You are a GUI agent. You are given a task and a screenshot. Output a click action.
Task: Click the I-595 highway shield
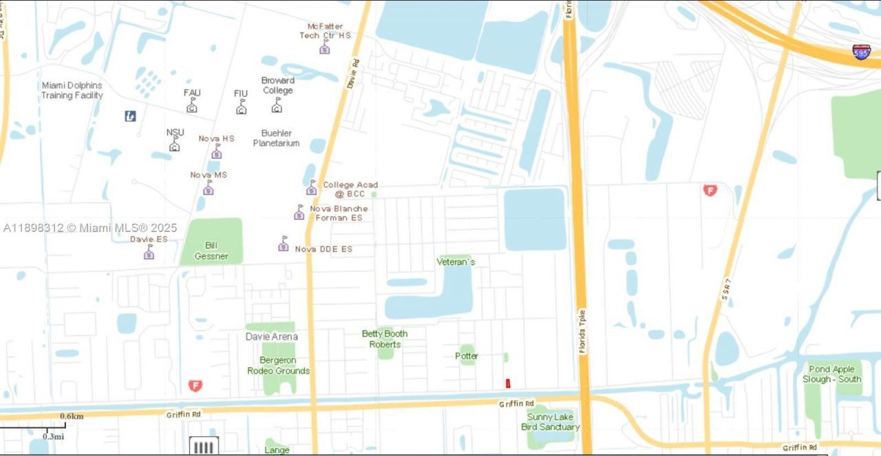point(861,52)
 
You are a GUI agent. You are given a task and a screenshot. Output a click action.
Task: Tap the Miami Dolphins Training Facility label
point(72,90)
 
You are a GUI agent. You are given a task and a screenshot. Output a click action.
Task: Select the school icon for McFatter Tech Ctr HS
point(325,48)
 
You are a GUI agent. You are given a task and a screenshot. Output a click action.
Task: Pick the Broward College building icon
point(277,105)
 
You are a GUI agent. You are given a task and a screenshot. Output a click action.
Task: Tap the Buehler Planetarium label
point(276,138)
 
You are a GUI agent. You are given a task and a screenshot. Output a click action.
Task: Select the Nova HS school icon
point(217,152)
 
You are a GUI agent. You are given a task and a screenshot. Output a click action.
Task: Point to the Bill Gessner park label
point(211,251)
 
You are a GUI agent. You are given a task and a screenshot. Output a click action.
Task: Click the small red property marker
point(508,384)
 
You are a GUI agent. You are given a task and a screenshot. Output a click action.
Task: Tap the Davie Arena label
point(272,337)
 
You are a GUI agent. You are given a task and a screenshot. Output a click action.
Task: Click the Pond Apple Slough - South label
point(831,374)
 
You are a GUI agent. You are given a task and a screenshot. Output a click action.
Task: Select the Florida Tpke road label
point(582,331)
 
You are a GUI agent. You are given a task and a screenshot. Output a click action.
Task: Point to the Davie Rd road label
point(353,73)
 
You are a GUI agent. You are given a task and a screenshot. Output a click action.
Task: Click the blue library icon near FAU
point(130,116)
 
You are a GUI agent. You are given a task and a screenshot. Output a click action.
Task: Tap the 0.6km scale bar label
point(72,416)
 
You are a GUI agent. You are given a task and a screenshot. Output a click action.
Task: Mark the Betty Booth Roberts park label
point(385,339)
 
